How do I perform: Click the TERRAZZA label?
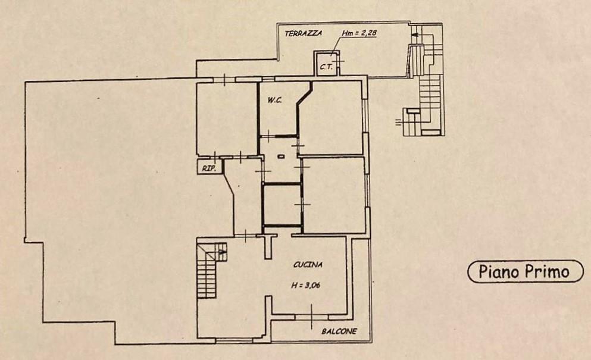pyautogui.click(x=304, y=33)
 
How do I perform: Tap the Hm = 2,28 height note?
pyautogui.click(x=359, y=33)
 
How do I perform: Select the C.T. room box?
pyautogui.click(x=326, y=63)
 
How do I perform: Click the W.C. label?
pyautogui.click(x=275, y=101)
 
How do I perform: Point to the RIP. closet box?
pyautogui.click(x=209, y=167)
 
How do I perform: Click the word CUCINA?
pyautogui.click(x=308, y=265)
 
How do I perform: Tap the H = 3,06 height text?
pyautogui.click(x=305, y=286)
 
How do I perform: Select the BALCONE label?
pyautogui.click(x=339, y=331)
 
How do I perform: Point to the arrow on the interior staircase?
pyautogui.click(x=222, y=251)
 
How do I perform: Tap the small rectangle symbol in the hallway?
pyautogui.click(x=281, y=156)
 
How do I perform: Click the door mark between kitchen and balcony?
pyautogui.click(x=312, y=317)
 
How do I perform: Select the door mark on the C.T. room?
pyautogui.click(x=338, y=60)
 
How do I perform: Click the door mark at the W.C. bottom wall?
pyautogui.click(x=268, y=136)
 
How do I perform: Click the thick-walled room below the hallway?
pyautogui.click(x=282, y=205)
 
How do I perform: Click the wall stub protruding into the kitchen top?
pyautogui.click(x=268, y=246)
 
